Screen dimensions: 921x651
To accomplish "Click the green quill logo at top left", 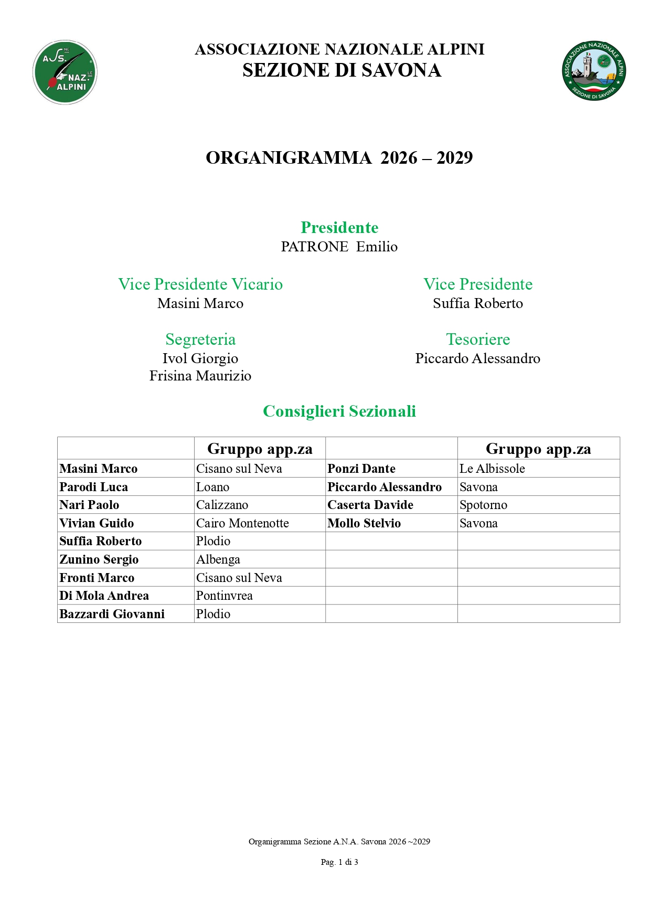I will point(65,72).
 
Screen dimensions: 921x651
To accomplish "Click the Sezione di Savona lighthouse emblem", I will point(593,71).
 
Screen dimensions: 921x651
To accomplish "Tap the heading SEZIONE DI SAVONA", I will point(341,70).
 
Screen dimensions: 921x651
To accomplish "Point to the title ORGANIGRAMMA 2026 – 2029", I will point(339,157).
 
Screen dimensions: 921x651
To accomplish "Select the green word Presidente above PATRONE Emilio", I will point(339,227).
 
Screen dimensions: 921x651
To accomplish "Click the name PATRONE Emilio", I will point(339,247).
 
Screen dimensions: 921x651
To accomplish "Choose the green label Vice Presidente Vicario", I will point(200,284).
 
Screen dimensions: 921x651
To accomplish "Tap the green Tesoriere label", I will point(478,339).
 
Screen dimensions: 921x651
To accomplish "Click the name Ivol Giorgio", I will point(200,358).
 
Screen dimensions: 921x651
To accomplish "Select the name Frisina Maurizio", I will point(200,376).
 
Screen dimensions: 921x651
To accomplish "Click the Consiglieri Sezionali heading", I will point(339,411).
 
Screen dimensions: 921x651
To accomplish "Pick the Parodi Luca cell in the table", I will point(94,487).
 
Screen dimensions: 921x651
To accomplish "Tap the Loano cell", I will point(213,487).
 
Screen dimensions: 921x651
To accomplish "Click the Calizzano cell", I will point(222,505).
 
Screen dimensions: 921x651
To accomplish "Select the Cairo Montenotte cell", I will point(242,523).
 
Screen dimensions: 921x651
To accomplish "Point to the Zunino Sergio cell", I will point(99,559).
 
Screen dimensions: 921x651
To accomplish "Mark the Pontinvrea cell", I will point(225,596).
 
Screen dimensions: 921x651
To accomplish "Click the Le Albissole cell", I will point(492,469).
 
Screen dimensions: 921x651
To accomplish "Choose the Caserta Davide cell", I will point(370,505).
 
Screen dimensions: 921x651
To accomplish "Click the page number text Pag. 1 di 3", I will point(339,862).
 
